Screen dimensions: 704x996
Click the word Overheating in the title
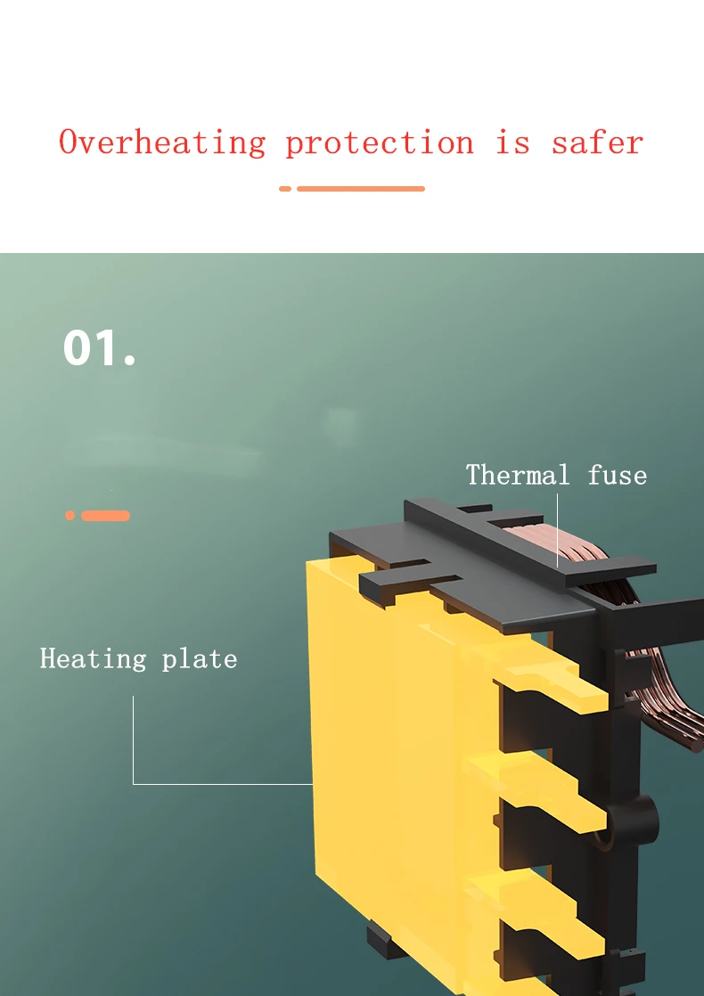click(162, 143)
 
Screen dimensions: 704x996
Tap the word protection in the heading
click(380, 143)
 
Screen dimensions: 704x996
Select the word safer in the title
click(597, 143)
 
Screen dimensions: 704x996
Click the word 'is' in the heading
click(512, 143)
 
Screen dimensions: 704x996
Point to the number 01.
click(99, 347)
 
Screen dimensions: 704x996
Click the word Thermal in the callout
click(518, 475)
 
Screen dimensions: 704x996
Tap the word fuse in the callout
click(617, 475)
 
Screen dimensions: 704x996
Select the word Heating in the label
click(93, 659)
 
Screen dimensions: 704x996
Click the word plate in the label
click(200, 659)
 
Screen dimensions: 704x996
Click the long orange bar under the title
click(360, 189)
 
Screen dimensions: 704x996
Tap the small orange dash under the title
click(285, 189)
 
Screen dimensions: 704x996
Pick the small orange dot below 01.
click(70, 516)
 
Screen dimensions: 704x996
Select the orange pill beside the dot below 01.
click(105, 516)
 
